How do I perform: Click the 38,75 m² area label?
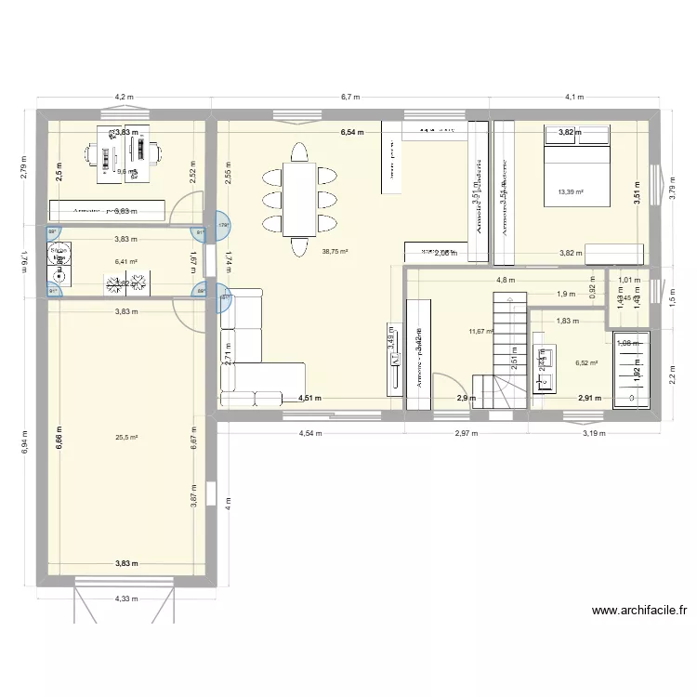tap(335, 251)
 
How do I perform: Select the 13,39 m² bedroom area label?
tap(570, 192)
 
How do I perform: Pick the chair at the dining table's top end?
tap(300, 151)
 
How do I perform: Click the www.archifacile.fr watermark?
tap(640, 612)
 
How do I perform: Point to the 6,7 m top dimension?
tap(350, 97)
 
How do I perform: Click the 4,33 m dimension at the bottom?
tap(125, 599)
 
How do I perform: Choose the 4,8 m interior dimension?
tap(505, 280)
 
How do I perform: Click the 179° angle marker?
tap(224, 224)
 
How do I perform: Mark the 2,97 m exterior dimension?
tap(466, 432)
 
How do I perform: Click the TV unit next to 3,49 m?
tap(393, 358)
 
